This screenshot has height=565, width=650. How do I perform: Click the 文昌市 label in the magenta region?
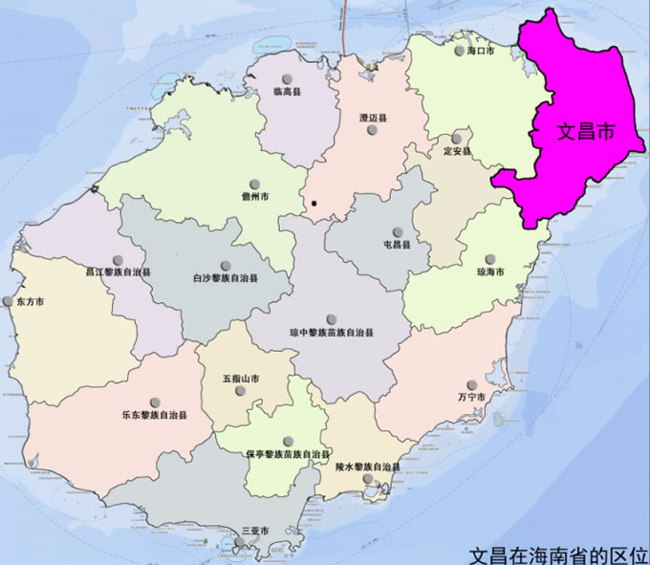(x=586, y=134)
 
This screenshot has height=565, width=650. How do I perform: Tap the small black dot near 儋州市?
(x=314, y=203)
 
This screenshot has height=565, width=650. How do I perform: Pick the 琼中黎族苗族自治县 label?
(x=331, y=333)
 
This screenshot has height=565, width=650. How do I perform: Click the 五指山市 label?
(x=241, y=380)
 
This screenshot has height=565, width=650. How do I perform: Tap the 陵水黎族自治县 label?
(x=368, y=467)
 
